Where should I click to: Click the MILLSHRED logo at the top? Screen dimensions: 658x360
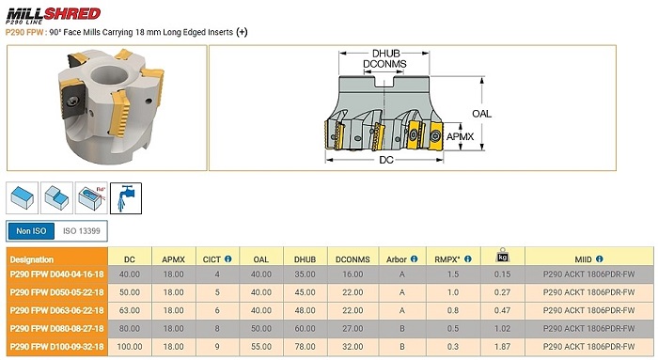(x=54, y=16)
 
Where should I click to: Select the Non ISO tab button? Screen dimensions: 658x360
(x=31, y=231)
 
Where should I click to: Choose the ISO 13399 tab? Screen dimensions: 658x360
(x=82, y=231)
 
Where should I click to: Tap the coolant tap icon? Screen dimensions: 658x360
(x=126, y=198)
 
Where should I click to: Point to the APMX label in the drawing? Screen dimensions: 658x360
(x=461, y=136)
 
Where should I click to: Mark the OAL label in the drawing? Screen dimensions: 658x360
(x=481, y=114)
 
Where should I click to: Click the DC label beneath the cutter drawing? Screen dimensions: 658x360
(x=386, y=160)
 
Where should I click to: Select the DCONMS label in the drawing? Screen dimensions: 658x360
(x=384, y=64)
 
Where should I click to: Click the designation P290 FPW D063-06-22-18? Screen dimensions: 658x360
(x=57, y=310)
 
